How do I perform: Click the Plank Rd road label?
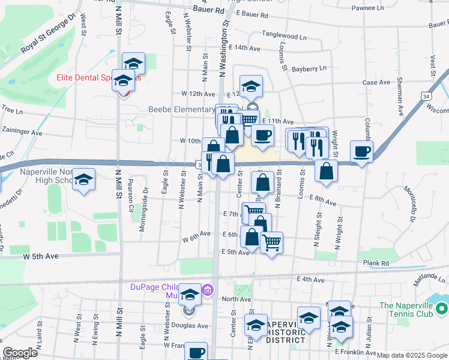click(376, 263)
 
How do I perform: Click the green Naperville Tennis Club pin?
click(441, 309)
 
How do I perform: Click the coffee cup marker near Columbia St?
click(361, 152)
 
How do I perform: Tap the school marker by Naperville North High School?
click(84, 179)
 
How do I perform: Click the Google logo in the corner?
click(20, 353)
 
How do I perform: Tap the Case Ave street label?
click(376, 82)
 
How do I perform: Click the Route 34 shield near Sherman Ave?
click(426, 96)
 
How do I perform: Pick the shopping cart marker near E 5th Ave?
click(272, 242)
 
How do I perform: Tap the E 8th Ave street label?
click(322, 203)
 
